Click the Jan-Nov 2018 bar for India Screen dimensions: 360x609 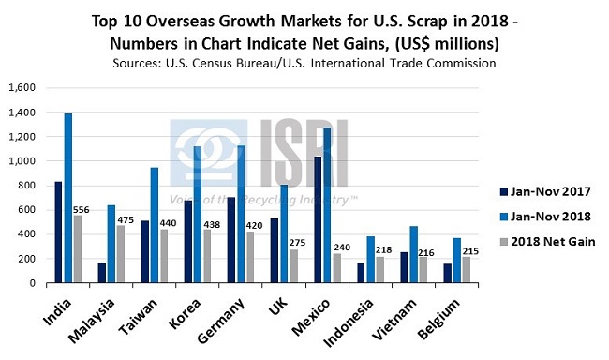pos(67,198)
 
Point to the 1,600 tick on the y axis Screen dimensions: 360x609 pos(21,87)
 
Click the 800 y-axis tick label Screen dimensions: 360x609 pos(25,185)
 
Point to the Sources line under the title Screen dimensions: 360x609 pos(304,63)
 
